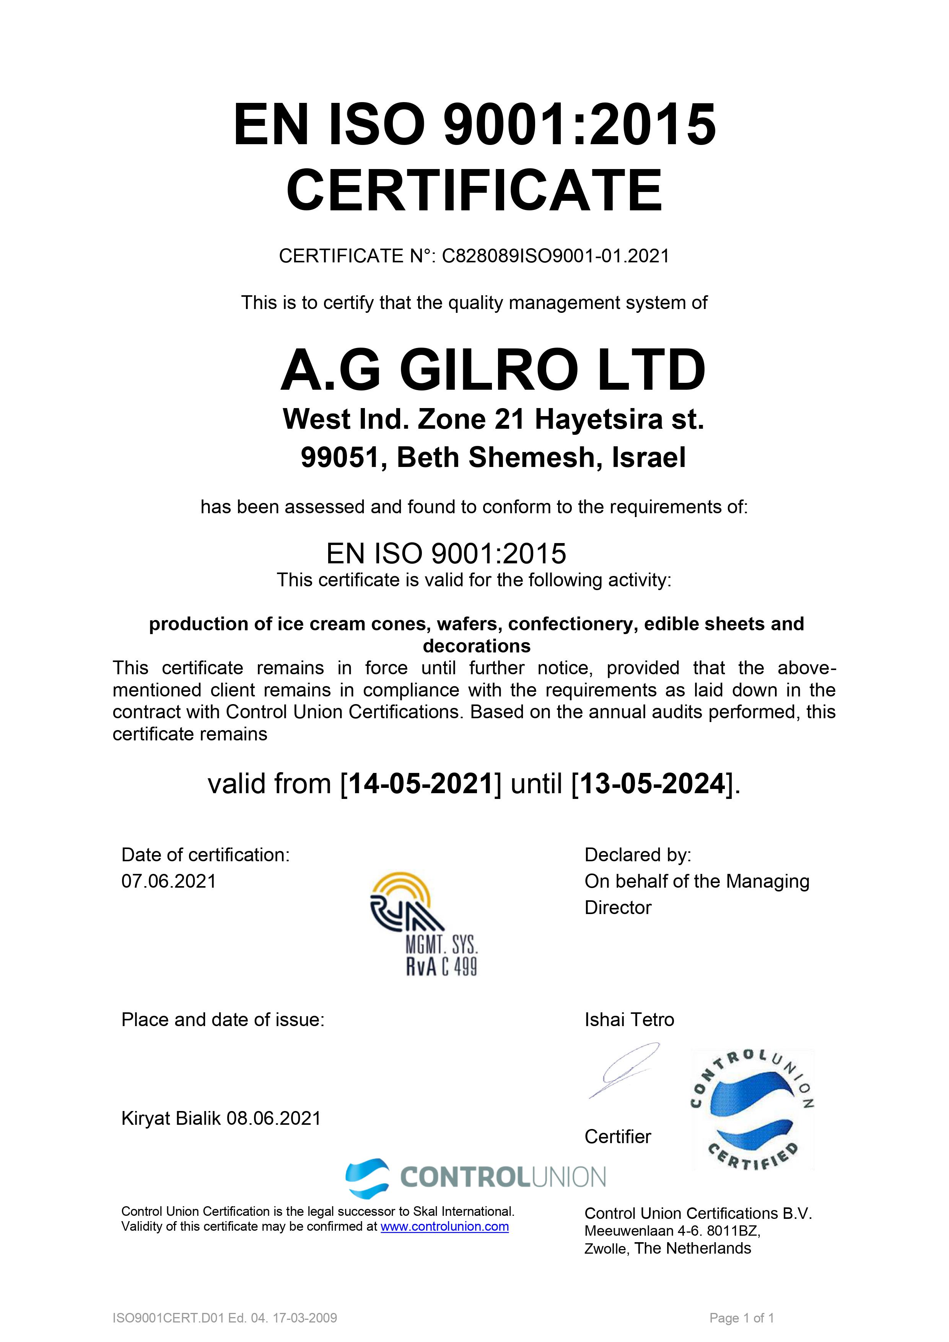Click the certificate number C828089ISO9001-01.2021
coord(555,256)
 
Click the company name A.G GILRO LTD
coord(493,371)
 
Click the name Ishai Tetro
coord(629,1020)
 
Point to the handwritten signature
coord(623,1070)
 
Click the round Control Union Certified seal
coord(752,1110)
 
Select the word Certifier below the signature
coord(617,1137)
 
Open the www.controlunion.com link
coord(444,1227)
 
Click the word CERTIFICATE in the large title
coord(474,190)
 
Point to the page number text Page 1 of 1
coord(741,1318)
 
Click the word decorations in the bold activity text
coord(477,646)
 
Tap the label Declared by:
coord(637,855)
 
